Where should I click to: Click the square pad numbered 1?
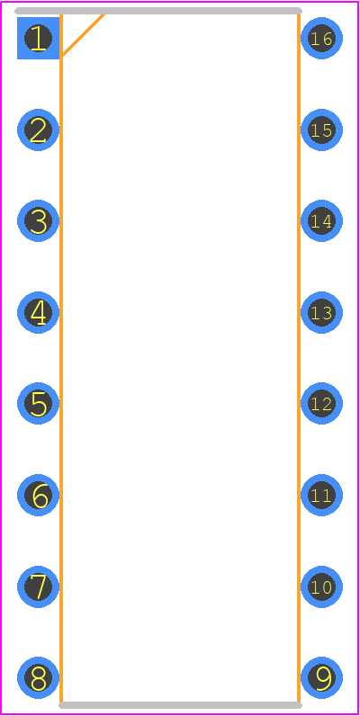(x=38, y=39)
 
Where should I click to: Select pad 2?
(x=38, y=130)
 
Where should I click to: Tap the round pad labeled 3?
(x=38, y=221)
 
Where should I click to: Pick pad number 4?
(x=38, y=312)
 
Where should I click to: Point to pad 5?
(x=38, y=404)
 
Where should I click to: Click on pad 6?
(x=38, y=495)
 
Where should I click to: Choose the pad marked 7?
(x=38, y=586)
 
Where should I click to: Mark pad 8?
(x=38, y=678)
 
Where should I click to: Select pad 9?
(x=321, y=678)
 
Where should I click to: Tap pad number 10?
(x=321, y=586)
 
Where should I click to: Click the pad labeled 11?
(x=321, y=495)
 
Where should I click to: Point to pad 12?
(x=321, y=404)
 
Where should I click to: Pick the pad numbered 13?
(x=321, y=312)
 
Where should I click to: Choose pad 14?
(x=321, y=221)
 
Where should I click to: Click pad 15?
(x=321, y=130)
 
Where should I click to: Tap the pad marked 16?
(x=321, y=39)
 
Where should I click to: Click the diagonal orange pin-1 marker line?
(x=83, y=35)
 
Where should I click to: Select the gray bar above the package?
(x=158, y=11)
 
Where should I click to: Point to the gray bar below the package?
(x=181, y=705)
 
